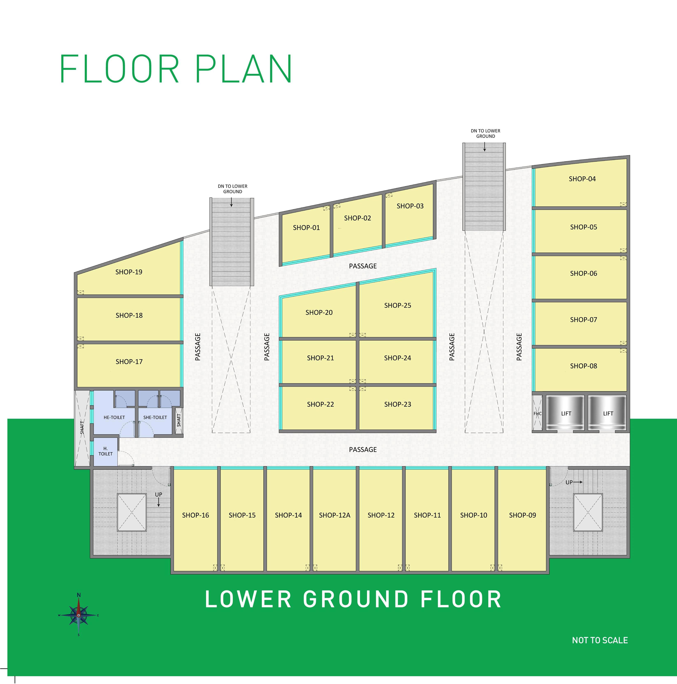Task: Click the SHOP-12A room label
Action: pos(335,515)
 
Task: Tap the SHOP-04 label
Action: pos(582,179)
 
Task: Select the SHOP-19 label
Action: pos(129,272)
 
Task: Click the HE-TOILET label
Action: pos(114,417)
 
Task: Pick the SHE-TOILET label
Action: pos(155,417)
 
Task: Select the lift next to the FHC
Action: pos(566,414)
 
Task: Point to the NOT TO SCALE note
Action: pos(600,640)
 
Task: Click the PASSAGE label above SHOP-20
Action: pos(363,266)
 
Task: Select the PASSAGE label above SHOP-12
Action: pos(363,449)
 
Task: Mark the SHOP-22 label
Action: pos(321,404)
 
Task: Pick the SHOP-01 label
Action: pos(306,228)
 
